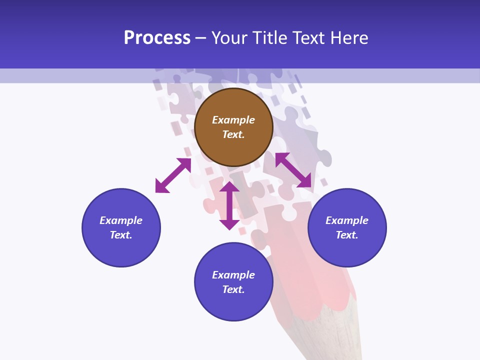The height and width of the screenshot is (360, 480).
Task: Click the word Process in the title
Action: tap(157, 38)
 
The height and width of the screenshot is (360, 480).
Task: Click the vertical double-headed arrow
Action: tap(229, 205)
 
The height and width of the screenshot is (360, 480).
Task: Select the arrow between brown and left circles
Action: tap(173, 175)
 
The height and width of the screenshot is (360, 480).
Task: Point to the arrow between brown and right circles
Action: tap(293, 170)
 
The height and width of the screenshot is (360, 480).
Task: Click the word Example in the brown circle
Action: tap(233, 120)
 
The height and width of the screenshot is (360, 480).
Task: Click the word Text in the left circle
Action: tap(121, 235)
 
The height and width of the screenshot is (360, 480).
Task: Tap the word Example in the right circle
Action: tap(347, 220)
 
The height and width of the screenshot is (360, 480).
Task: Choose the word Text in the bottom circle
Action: tap(233, 289)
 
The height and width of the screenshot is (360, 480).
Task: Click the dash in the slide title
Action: tap(200, 38)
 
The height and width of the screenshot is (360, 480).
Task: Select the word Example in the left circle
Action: tap(121, 220)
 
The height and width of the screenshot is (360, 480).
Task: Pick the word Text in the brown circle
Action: tap(233, 134)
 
